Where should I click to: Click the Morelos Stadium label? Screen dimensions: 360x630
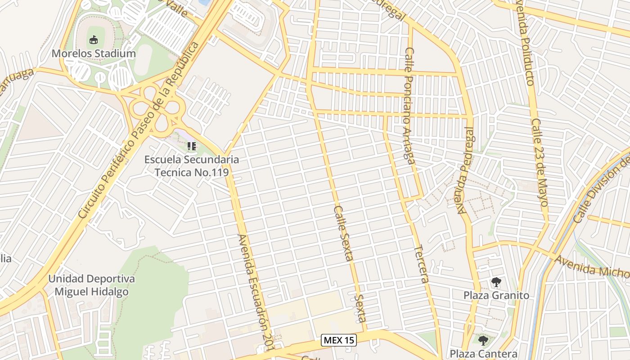click(x=93, y=54)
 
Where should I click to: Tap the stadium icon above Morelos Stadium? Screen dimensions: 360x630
click(x=93, y=40)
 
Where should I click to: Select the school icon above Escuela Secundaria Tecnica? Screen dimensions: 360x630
click(x=192, y=146)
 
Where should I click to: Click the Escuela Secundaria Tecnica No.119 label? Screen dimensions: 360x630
click(x=192, y=166)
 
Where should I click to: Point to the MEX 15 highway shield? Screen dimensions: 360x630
click(x=339, y=340)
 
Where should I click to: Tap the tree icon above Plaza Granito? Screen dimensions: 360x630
click(x=496, y=283)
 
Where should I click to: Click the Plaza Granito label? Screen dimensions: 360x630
click(x=496, y=296)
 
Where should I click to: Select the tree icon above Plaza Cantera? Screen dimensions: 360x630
click(x=483, y=340)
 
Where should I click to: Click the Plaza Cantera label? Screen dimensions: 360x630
click(x=483, y=354)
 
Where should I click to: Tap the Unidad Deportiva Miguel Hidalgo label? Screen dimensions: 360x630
click(x=91, y=285)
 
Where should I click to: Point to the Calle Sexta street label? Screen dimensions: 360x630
click(x=343, y=233)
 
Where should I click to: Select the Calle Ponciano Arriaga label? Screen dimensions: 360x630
click(x=409, y=106)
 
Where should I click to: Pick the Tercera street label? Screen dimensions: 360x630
click(x=421, y=264)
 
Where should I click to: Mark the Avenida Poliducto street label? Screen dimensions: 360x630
click(x=525, y=43)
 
